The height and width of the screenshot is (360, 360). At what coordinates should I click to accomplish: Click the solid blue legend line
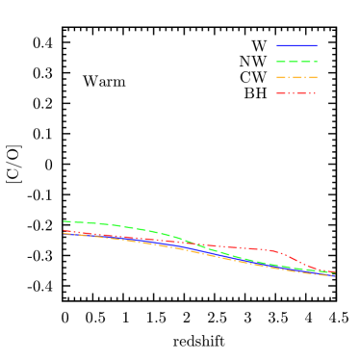[296, 45]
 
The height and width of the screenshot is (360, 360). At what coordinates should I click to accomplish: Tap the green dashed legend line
[296, 62]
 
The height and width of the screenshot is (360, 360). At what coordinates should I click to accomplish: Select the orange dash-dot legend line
[296, 78]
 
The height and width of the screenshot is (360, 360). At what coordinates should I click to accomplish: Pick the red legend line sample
[296, 93]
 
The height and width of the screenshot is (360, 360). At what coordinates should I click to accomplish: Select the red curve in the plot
[241, 248]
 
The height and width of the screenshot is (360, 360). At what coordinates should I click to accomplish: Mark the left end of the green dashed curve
[64, 221]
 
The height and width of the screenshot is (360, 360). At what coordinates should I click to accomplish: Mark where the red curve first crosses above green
[198, 245]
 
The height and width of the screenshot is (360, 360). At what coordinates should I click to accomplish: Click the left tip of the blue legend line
[277, 45]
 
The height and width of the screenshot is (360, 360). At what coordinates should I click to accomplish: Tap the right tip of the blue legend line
[317, 45]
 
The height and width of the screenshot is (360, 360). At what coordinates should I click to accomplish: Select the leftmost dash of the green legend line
[281, 62]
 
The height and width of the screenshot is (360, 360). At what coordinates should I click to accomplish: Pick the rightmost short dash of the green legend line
[315, 62]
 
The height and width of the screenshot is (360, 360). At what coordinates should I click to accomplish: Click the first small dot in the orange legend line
[290, 78]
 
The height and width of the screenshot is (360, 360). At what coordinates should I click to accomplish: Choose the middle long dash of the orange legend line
[297, 78]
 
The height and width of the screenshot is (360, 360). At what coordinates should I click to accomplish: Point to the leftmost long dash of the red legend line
[280, 93]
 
